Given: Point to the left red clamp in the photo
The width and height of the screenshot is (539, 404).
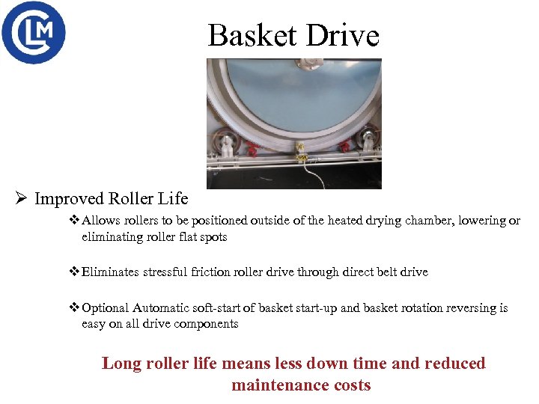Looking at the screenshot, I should tap(252, 149).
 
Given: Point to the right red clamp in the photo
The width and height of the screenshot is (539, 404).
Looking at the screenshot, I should tap(344, 145).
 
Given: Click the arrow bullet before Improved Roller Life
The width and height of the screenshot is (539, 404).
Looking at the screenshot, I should tap(22, 199).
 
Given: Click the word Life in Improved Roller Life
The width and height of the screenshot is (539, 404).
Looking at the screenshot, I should tap(172, 199).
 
